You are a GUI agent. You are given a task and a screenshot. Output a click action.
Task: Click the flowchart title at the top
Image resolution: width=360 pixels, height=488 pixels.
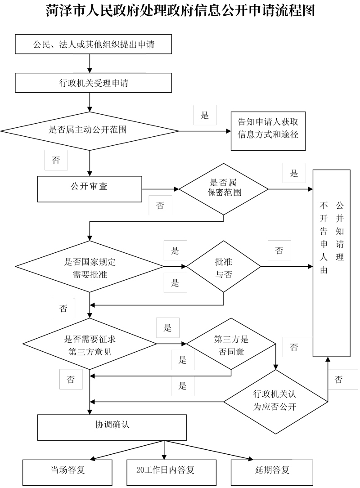point(180,11)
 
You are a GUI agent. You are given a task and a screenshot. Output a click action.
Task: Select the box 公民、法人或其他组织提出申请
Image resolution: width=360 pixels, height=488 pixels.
point(94,44)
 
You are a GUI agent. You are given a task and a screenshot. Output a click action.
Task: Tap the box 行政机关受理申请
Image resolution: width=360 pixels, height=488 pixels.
point(94,83)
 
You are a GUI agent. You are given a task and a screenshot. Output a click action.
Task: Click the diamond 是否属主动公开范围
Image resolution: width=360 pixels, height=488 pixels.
point(90,131)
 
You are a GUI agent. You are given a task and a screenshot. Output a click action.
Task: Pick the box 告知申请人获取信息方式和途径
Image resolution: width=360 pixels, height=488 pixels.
point(268,131)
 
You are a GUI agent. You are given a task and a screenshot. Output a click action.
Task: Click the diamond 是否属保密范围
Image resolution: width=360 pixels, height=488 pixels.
point(224,188)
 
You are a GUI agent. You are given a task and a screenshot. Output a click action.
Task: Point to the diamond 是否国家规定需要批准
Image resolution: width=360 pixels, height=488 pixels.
point(90,267)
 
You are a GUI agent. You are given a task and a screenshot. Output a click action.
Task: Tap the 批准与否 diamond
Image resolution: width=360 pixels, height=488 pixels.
point(224,267)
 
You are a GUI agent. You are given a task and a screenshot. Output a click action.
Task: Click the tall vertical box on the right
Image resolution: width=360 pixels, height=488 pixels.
point(332,263)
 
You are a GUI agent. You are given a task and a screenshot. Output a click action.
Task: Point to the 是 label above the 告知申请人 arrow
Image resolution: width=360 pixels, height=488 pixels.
point(205,116)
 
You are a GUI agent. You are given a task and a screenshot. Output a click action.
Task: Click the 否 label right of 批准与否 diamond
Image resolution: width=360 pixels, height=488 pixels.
point(279,251)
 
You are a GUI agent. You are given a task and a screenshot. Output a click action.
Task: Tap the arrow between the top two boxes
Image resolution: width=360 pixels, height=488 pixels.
point(90,63)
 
